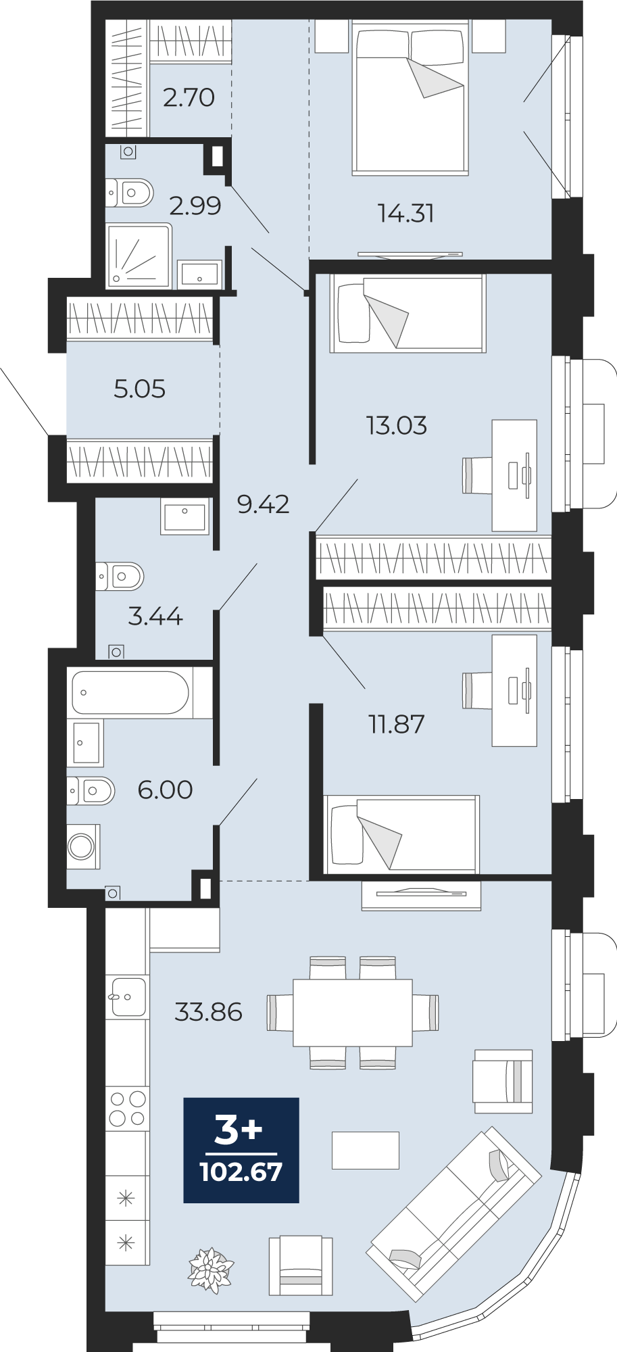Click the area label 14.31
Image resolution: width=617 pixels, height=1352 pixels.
click(x=405, y=214)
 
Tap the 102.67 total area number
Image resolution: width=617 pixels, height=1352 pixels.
click(x=241, y=1172)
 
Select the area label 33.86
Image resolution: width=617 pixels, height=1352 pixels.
click(x=208, y=1012)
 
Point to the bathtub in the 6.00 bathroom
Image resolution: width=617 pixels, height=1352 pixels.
click(x=130, y=692)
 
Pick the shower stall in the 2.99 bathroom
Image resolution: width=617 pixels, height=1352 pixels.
click(x=139, y=256)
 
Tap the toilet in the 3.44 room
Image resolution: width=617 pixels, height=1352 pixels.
click(x=120, y=577)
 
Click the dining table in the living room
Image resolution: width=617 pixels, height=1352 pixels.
click(x=352, y=1013)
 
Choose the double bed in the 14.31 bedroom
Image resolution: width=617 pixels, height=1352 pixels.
click(x=410, y=98)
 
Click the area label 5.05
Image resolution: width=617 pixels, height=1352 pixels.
click(x=139, y=389)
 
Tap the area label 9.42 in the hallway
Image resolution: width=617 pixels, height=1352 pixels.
click(x=263, y=504)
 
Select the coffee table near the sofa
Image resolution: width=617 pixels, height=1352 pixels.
click(x=365, y=1150)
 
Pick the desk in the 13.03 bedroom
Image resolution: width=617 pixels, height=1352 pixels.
click(x=514, y=475)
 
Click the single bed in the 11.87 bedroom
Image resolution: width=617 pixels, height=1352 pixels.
click(x=402, y=834)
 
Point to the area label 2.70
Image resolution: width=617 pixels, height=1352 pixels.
click(x=189, y=98)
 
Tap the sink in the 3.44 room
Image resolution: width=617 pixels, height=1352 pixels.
click(x=184, y=517)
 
